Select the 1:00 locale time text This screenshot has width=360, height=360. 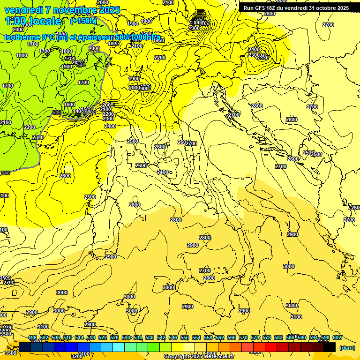33,21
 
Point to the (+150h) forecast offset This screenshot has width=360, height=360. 83,21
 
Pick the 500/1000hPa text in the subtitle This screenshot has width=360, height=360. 136,37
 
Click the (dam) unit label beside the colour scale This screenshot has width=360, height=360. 347,348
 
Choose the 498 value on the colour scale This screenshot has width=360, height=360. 32,338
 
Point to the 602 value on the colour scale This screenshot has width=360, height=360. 337,338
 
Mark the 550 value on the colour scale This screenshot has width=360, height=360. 185,338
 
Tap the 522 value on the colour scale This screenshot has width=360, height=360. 103,338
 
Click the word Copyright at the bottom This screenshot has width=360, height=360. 177,357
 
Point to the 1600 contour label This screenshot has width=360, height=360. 70,105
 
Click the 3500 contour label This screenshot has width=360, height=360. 10,353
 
